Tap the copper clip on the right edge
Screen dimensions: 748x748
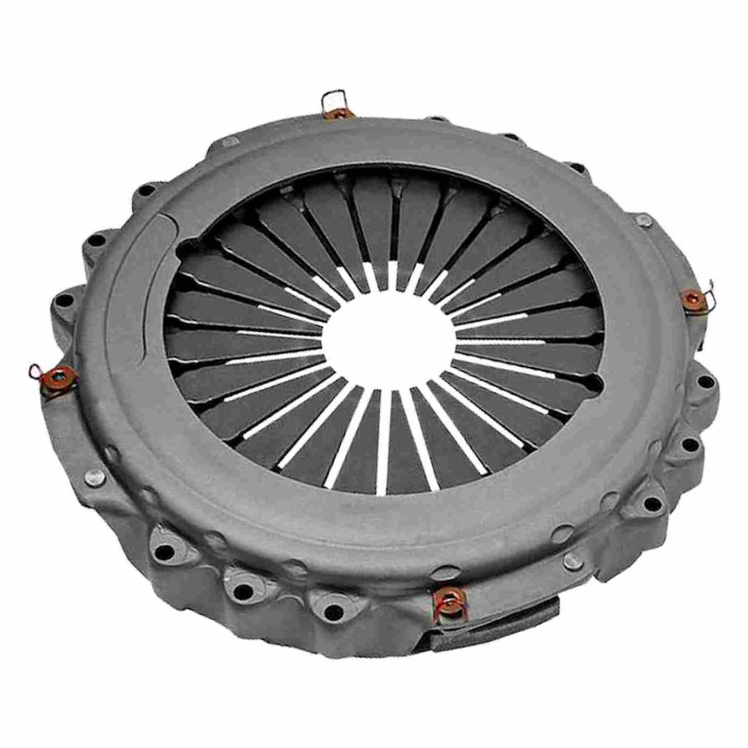(691, 299)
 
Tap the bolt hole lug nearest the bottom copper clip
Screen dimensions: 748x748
(331, 611)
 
